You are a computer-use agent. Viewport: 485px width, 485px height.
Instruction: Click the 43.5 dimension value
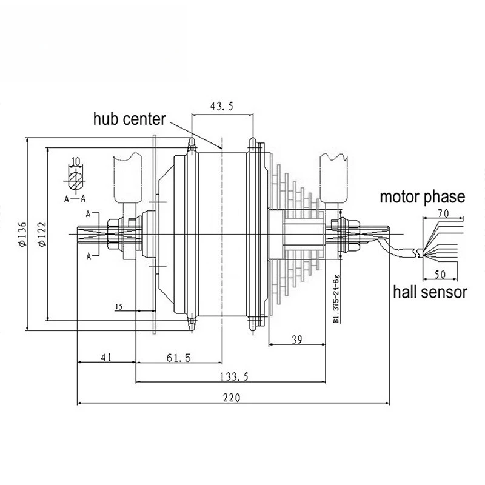click(221, 106)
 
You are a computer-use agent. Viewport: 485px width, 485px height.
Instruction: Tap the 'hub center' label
click(130, 119)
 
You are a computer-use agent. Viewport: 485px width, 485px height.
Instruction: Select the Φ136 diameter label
click(22, 234)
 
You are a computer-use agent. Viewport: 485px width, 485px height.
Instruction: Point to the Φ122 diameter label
click(42, 234)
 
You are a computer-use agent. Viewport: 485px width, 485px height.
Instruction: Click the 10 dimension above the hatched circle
click(75, 161)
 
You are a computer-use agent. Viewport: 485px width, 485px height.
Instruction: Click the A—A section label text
click(75, 199)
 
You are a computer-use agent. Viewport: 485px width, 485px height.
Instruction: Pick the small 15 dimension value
click(119, 307)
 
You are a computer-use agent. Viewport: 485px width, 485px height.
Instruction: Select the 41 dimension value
click(105, 357)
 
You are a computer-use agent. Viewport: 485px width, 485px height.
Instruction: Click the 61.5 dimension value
click(179, 358)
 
